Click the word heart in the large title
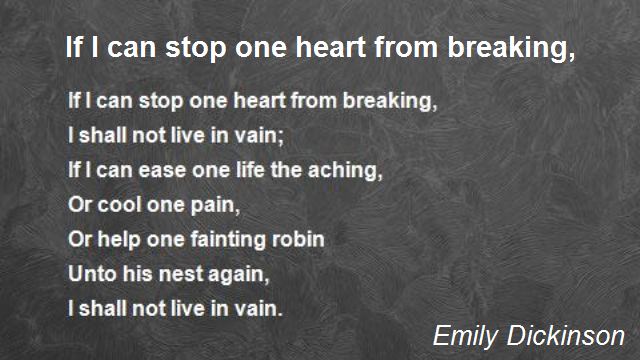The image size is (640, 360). (331, 48)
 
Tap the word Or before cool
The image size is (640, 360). (79, 205)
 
